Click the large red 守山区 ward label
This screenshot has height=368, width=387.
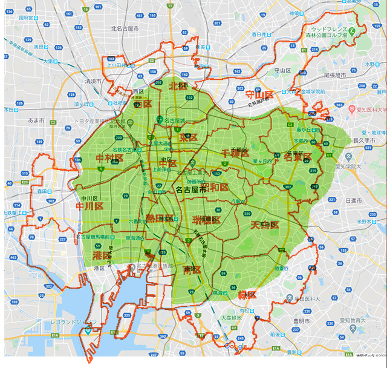[x=259, y=95]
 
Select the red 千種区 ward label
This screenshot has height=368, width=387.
[x=235, y=152]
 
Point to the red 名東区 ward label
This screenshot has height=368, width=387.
[x=298, y=157]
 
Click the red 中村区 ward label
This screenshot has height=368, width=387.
[x=109, y=159]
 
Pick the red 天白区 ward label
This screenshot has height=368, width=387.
[x=264, y=225]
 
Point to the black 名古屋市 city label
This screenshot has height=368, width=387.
[x=191, y=189]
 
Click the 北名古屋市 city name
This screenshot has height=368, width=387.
[x=125, y=28]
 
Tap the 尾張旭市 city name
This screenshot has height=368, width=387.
[x=337, y=75]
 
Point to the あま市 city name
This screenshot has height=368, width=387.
[x=36, y=120]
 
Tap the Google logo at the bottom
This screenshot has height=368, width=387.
[x=235, y=346]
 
